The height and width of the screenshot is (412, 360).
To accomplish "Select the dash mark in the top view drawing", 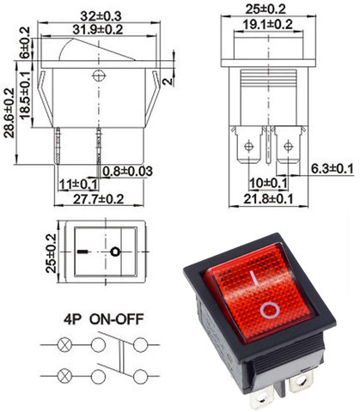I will [82, 252].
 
